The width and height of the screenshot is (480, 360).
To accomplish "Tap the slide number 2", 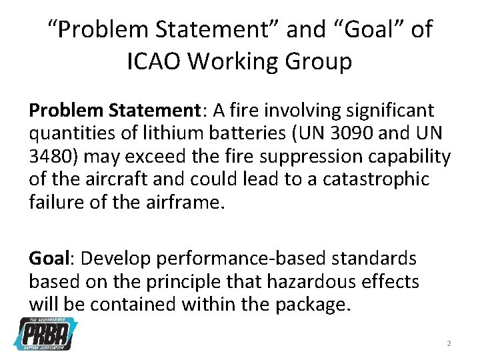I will tap(449, 343).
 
